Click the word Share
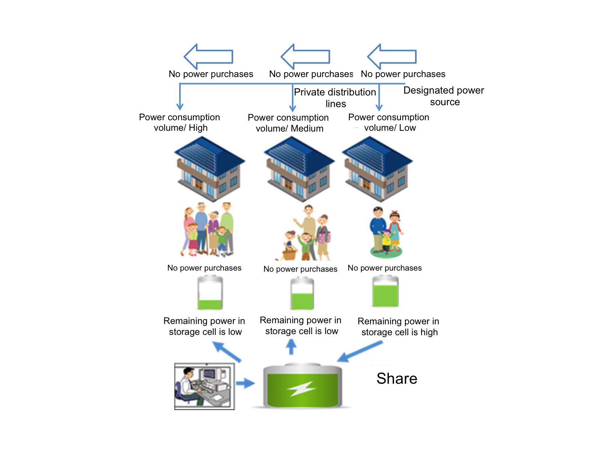[x=397, y=378]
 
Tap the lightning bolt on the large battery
[x=302, y=389]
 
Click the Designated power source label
[x=444, y=96]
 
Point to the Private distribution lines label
[x=335, y=98]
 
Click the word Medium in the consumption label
[x=307, y=129]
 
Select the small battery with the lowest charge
[x=210, y=293]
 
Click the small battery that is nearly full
[x=385, y=292]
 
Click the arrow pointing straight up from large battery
[x=291, y=347]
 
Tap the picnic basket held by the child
[x=289, y=254]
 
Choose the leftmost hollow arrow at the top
[x=208, y=57]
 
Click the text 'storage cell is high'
[x=399, y=332]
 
